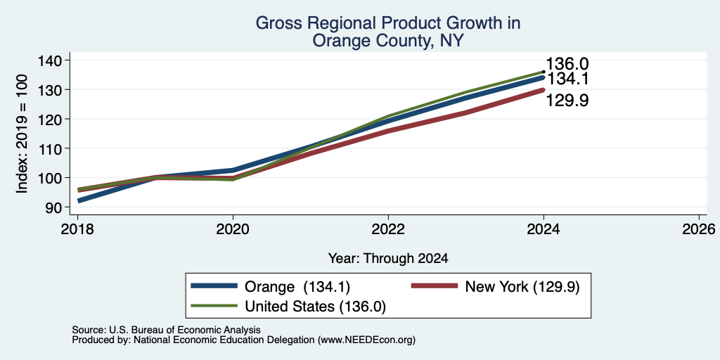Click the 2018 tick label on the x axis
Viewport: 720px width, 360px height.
77,229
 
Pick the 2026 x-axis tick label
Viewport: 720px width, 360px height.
698,229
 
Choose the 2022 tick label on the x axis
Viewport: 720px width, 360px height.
388,229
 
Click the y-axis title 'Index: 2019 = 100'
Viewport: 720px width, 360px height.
22,134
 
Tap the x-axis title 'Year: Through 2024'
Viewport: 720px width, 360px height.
388,259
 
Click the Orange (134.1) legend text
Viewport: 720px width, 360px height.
297,287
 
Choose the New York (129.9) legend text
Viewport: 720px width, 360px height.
522,287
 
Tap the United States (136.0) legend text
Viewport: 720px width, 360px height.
315,307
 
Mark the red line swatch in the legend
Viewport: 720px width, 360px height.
435,286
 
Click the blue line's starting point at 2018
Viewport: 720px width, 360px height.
78,201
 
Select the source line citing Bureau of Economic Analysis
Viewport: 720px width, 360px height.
166,330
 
